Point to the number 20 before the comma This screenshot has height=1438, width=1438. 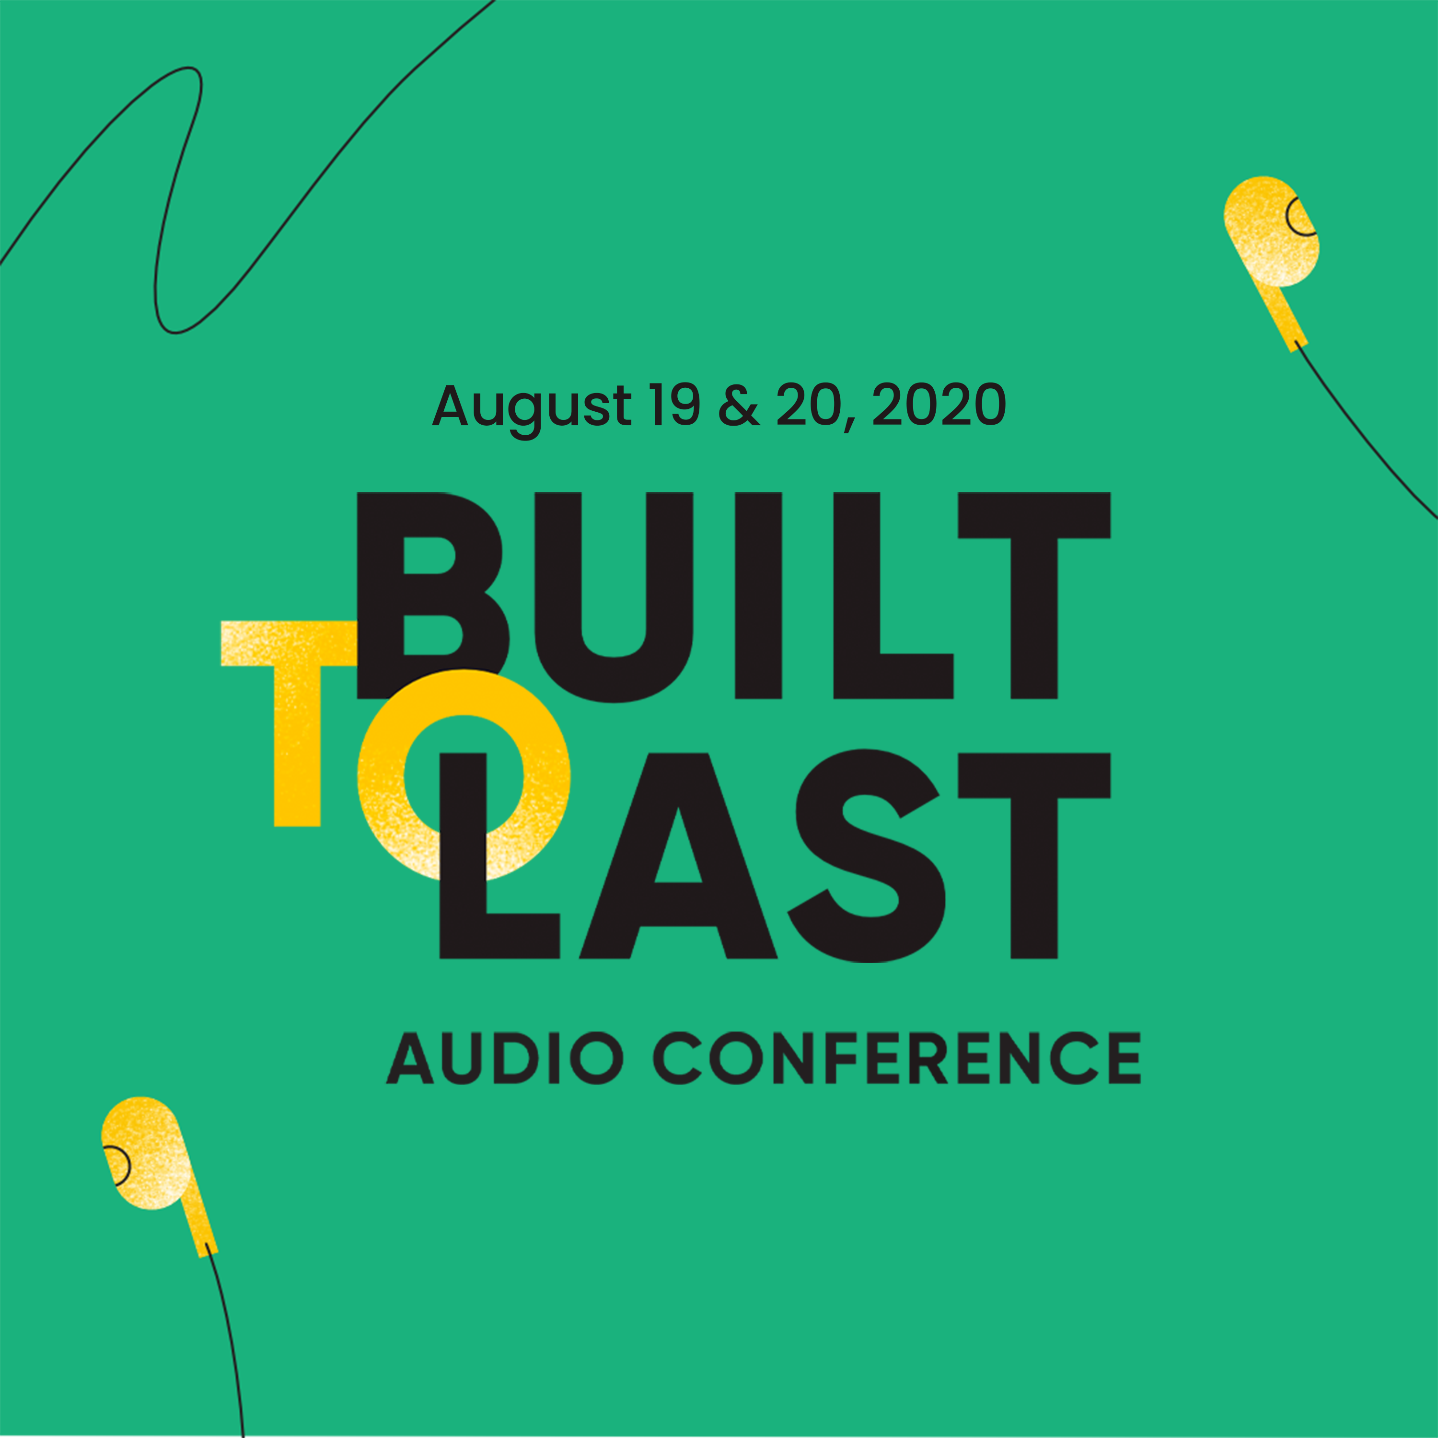[808, 406]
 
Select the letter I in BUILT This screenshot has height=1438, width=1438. [758, 595]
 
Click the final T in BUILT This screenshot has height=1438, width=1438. [1034, 595]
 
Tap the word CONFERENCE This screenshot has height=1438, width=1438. [896, 1058]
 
